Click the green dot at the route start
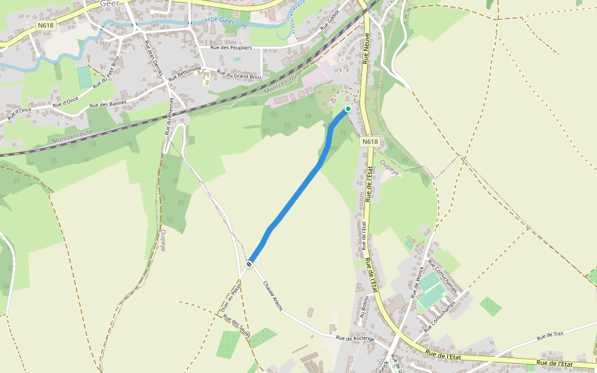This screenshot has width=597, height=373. (348, 109)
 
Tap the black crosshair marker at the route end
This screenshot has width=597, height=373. (249, 264)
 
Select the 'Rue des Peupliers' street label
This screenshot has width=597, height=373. (231, 47)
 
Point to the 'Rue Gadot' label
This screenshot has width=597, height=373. (330, 20)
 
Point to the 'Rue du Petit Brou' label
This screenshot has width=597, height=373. (106, 72)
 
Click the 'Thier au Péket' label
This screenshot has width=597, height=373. (230, 297)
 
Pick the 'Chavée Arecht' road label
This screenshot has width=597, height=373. (272, 297)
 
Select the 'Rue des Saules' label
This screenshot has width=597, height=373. (237, 328)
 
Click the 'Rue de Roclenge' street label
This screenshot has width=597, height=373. (355, 338)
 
